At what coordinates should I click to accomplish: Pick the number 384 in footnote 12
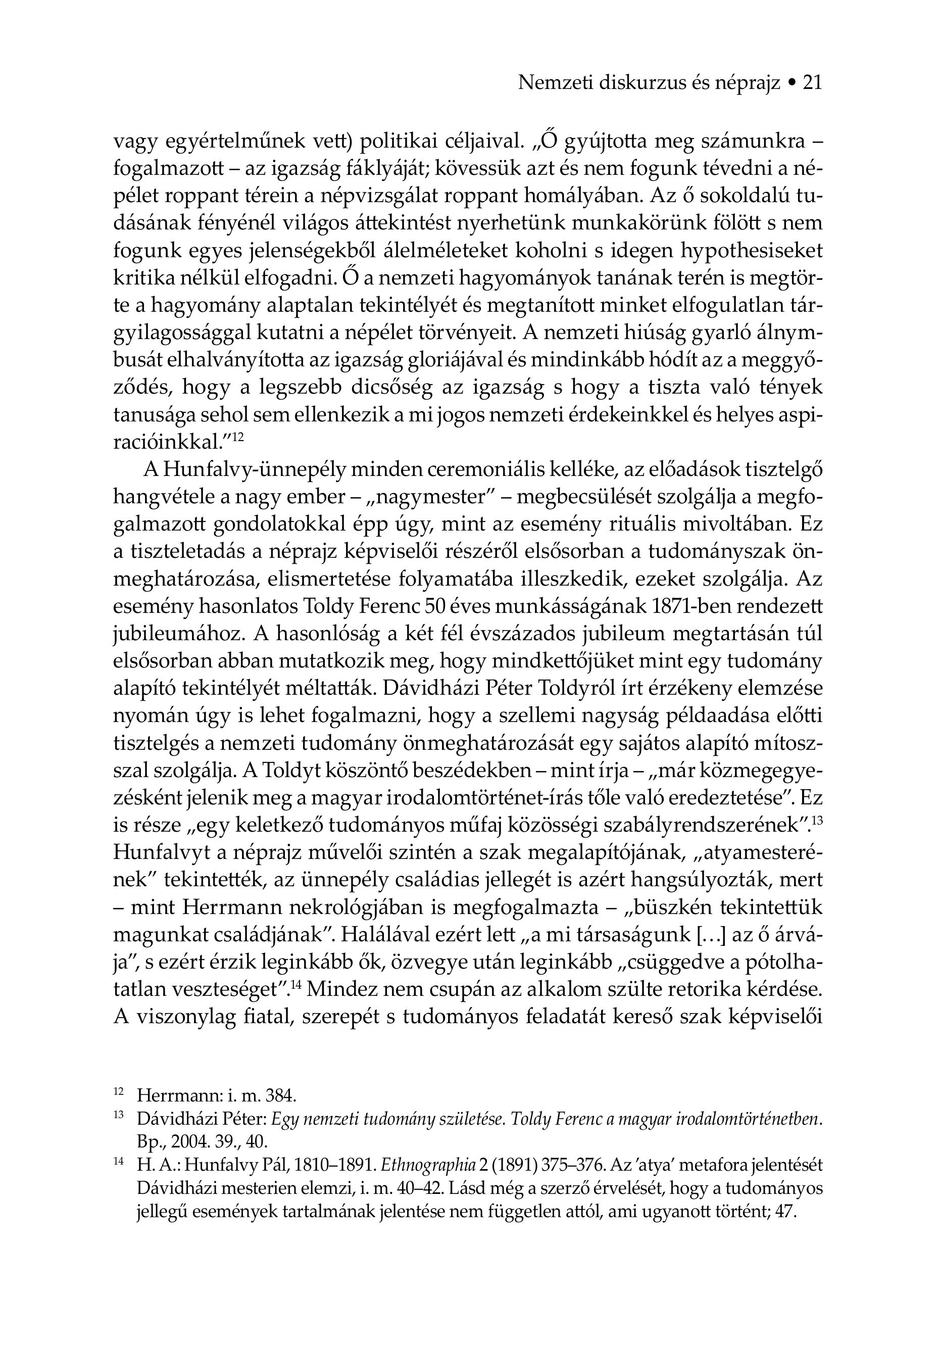(281, 1095)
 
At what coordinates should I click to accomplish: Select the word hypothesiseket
(752, 251)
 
